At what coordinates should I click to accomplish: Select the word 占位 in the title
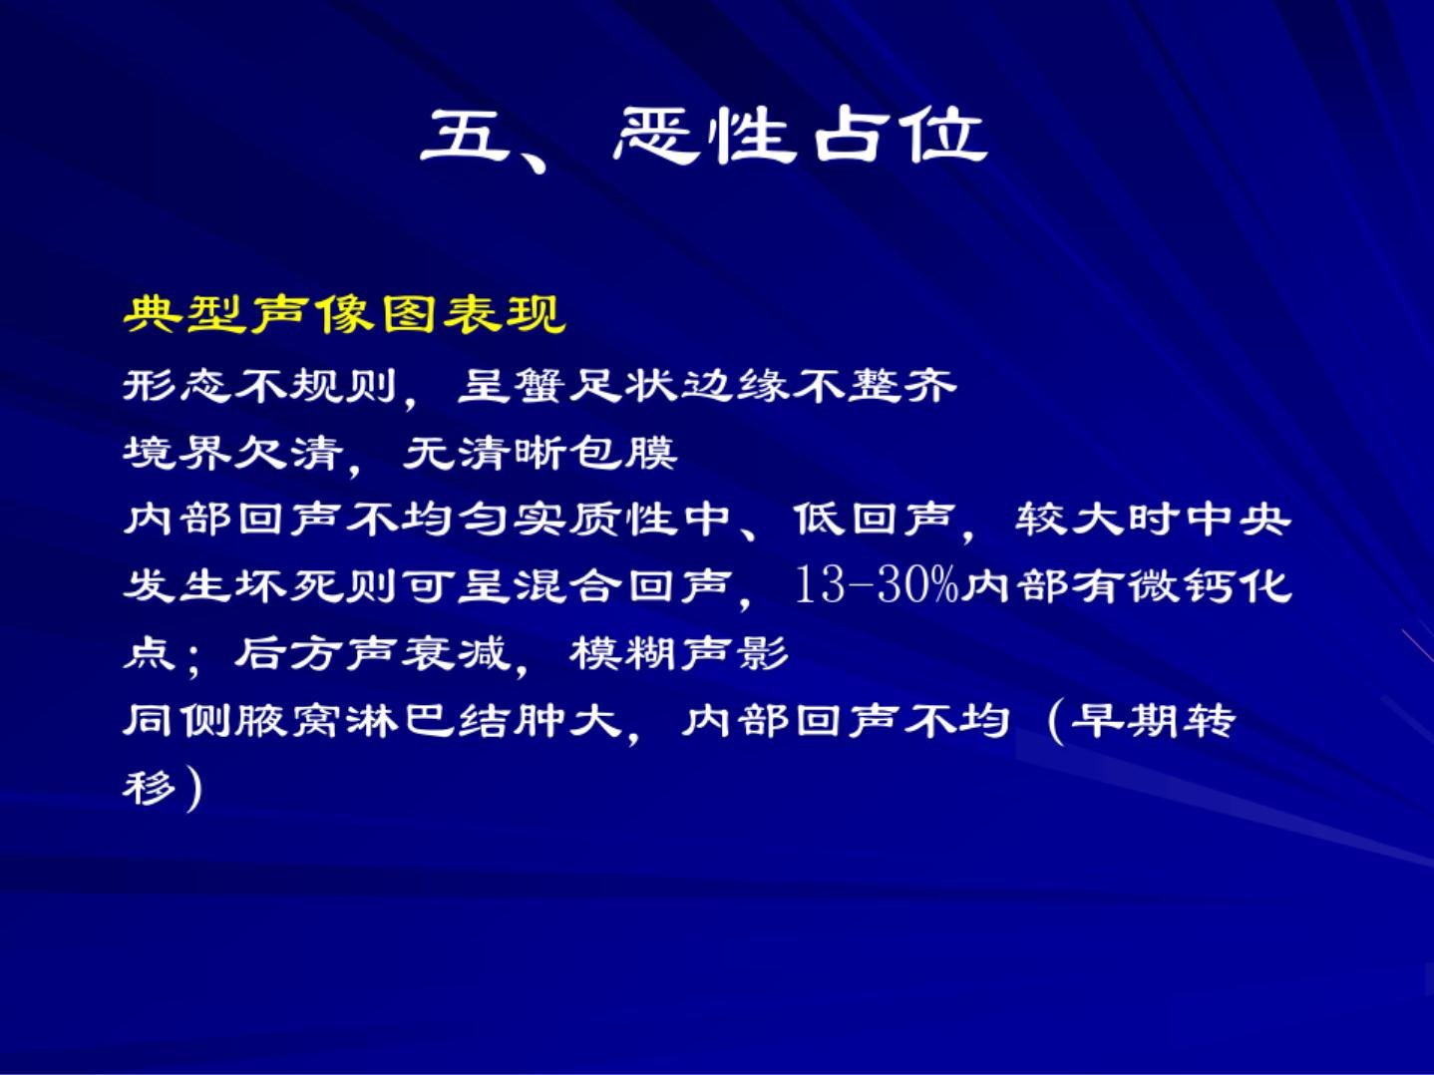[900, 136]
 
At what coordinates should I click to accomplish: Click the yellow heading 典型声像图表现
[344, 314]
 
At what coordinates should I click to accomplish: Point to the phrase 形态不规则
[259, 385]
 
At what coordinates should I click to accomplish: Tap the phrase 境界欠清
[232, 453]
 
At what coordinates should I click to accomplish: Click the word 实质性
[595, 520]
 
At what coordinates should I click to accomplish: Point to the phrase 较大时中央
[1153, 520]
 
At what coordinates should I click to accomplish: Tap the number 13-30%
[877, 585]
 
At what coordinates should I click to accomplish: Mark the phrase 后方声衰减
[371, 653]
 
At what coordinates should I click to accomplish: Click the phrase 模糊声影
[679, 653]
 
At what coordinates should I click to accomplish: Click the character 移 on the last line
[149, 788]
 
